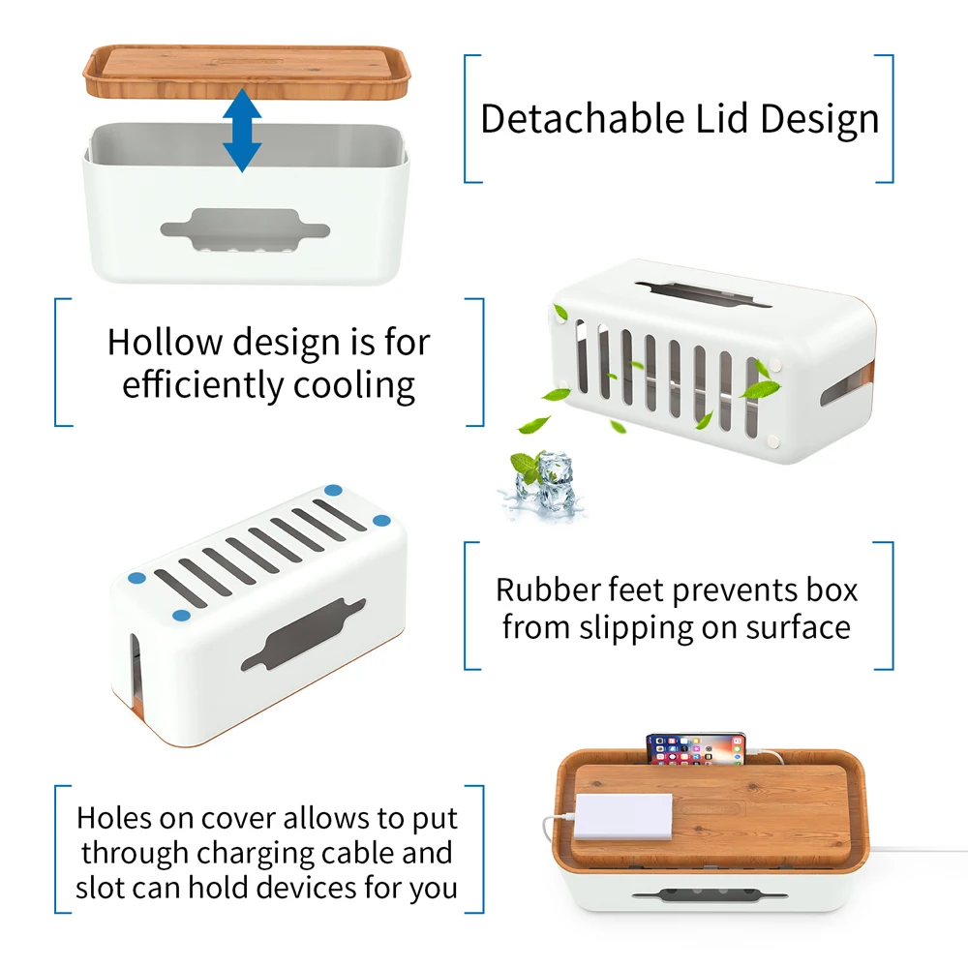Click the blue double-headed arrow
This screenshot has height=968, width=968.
[241, 132]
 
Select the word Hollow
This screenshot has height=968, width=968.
[163, 343]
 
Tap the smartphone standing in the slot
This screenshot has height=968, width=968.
[696, 749]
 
